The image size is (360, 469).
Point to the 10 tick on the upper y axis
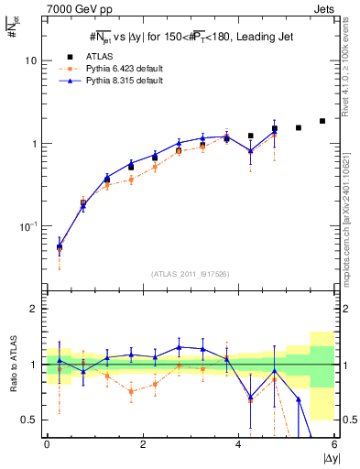(30, 60)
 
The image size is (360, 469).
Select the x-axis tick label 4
(238, 445)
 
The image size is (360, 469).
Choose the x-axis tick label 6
(334, 445)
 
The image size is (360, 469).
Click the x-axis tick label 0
(47, 445)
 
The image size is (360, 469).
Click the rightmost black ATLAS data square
(322, 121)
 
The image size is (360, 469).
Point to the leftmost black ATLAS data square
(60, 246)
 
